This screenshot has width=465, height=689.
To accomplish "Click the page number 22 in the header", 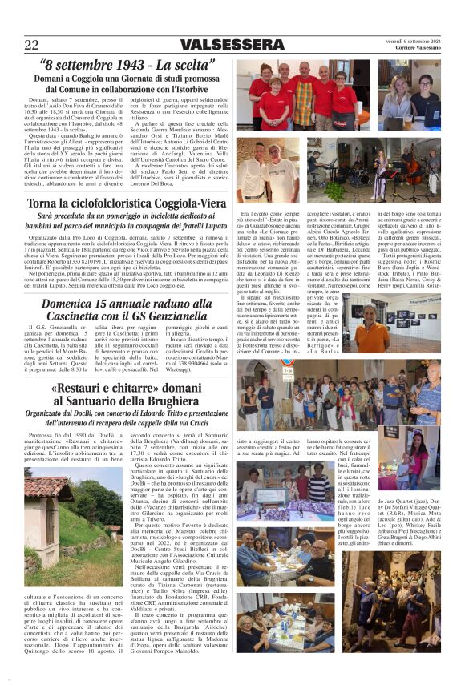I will (32, 44).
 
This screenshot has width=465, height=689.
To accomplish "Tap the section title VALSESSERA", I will (232, 44).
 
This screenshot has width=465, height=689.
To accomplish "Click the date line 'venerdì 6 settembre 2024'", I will (411, 39).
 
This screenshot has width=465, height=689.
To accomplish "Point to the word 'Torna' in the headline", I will (46, 203).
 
